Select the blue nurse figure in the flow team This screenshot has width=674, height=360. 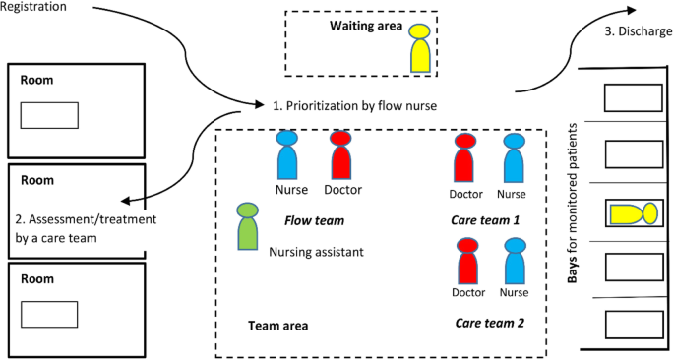[x=286, y=155]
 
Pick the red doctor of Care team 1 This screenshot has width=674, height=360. [x=466, y=157]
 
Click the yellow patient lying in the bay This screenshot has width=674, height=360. [x=632, y=212]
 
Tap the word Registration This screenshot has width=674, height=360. [x=33, y=7]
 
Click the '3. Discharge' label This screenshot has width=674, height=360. [x=638, y=31]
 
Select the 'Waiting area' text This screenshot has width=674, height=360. [x=366, y=26]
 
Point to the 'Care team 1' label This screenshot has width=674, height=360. [x=485, y=220]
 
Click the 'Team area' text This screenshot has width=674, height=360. [x=278, y=325]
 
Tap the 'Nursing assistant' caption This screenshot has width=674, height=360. [x=316, y=252]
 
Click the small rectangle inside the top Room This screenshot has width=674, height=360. [x=49, y=113]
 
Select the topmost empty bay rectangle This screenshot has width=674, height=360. [x=631, y=97]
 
